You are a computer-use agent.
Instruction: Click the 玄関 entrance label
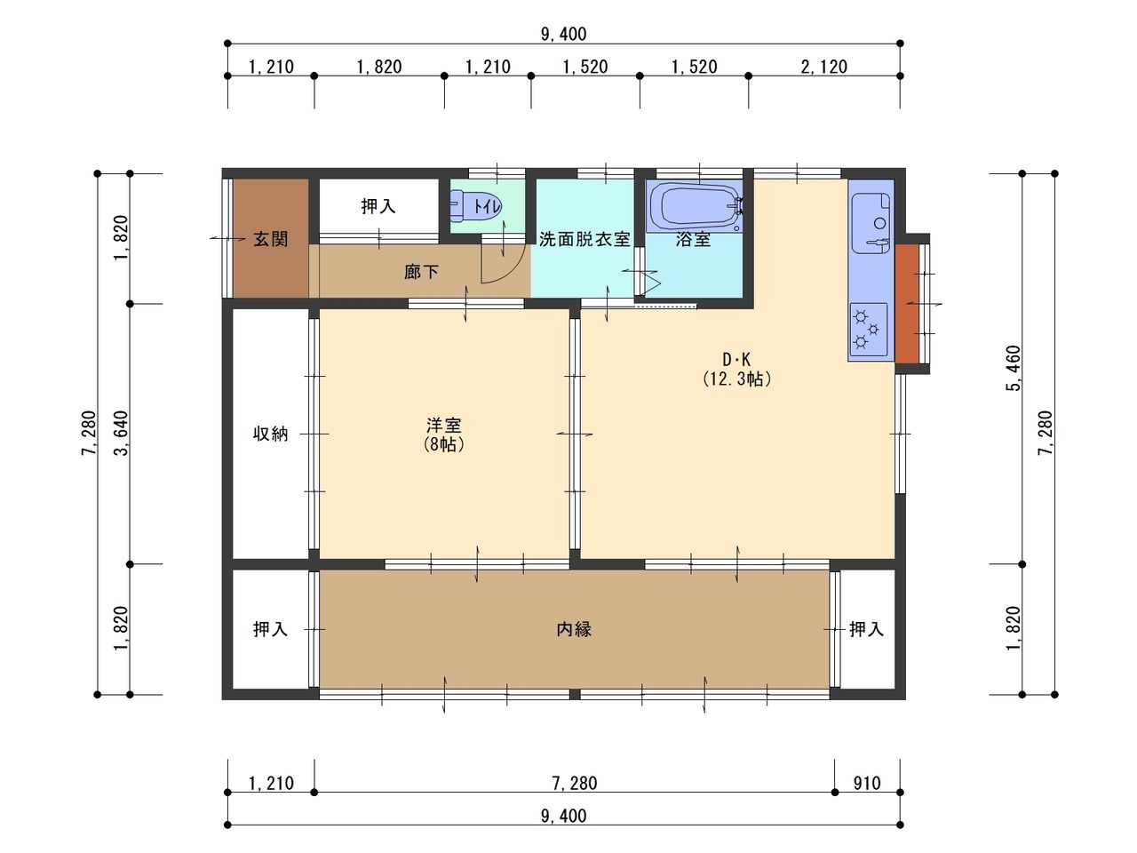(270, 239)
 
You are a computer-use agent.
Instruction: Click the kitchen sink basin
(871, 224)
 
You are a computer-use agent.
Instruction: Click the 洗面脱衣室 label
(584, 239)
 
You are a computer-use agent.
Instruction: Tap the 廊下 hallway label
(421, 272)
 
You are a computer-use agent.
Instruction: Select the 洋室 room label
(444, 426)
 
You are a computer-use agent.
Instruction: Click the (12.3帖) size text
(737, 379)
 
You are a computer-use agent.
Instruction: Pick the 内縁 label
(574, 629)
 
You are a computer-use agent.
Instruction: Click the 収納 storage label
(270, 434)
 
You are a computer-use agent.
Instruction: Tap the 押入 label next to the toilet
(378, 206)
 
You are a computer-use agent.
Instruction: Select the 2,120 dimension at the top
(824, 67)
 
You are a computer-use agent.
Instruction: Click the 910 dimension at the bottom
(867, 783)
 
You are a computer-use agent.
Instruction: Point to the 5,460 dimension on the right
(1014, 368)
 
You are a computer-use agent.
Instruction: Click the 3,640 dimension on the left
(121, 434)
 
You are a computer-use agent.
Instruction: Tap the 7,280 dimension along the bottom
(575, 783)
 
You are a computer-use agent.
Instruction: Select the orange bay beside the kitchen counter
(907, 304)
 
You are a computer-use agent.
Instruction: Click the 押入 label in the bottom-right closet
(866, 629)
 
